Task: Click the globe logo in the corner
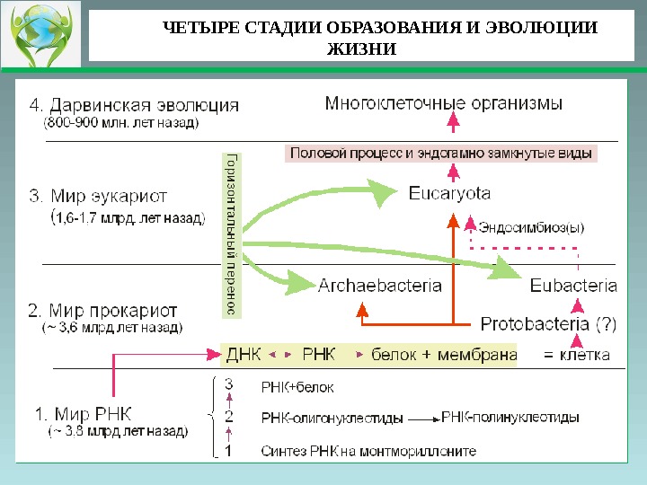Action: pyautogui.click(x=40, y=35)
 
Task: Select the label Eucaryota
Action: pyautogui.click(x=449, y=192)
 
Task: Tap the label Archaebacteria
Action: pyautogui.click(x=380, y=286)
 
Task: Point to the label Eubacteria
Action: pyautogui.click(x=573, y=286)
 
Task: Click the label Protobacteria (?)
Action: pyautogui.click(x=549, y=322)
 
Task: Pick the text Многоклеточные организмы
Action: pyautogui.click(x=444, y=103)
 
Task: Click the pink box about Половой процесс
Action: pyautogui.click(x=441, y=154)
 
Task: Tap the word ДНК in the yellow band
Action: pyautogui.click(x=244, y=354)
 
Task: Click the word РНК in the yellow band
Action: pyautogui.click(x=319, y=354)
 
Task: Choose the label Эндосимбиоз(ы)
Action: pyautogui.click(x=530, y=227)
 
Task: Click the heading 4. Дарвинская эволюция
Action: pyautogui.click(x=135, y=104)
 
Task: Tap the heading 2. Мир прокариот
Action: pyautogui.click(x=102, y=311)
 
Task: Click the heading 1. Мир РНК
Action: pyautogui.click(x=83, y=415)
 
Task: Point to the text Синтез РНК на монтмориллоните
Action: pyautogui.click(x=368, y=450)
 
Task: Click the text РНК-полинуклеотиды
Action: pyautogui.click(x=510, y=418)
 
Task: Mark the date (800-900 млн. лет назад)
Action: pyautogui.click(x=122, y=122)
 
